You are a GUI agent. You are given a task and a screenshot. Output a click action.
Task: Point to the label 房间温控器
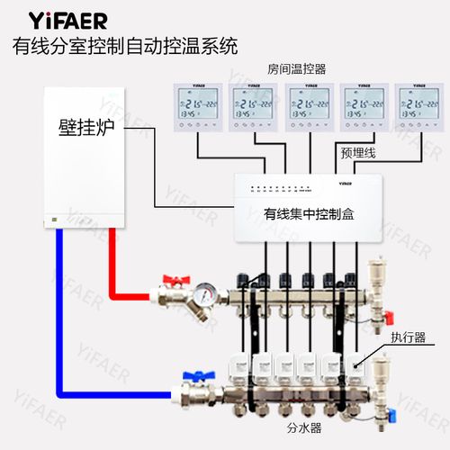point(296,68)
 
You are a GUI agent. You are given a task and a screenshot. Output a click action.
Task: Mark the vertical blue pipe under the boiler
point(58,306)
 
